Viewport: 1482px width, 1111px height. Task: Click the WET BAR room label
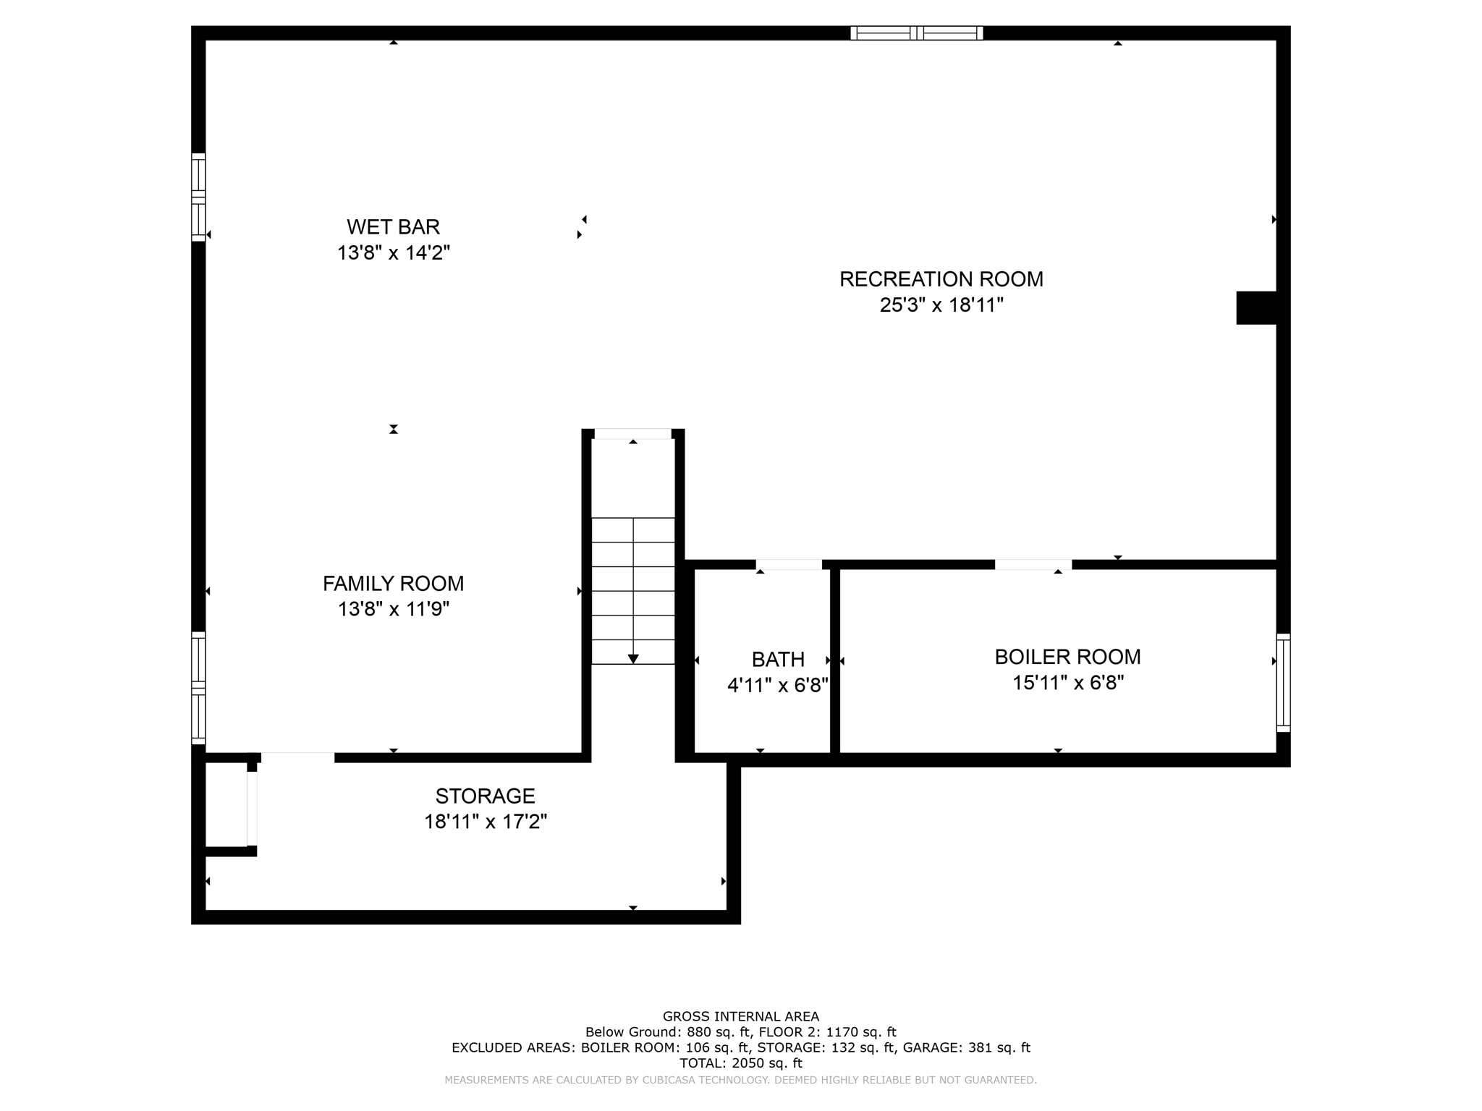[x=393, y=227]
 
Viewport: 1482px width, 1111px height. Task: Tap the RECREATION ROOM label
[x=941, y=279]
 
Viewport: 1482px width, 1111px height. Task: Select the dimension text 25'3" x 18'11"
[x=941, y=305]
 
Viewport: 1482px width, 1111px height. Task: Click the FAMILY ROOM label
[x=393, y=583]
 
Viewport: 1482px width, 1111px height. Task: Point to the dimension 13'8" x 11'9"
[x=393, y=609]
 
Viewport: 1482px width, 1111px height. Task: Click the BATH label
[x=778, y=659]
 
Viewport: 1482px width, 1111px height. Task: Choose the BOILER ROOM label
[x=1067, y=657]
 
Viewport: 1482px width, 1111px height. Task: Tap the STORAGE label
[x=485, y=796]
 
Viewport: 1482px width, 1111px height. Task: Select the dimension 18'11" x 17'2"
[x=485, y=822]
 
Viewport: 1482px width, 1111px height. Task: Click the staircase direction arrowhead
[x=633, y=658]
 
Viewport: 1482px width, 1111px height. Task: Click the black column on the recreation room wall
[x=1256, y=307]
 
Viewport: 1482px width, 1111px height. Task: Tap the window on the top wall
[x=916, y=33]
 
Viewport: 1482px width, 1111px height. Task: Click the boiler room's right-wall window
[x=1282, y=683]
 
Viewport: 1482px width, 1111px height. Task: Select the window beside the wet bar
[x=198, y=197]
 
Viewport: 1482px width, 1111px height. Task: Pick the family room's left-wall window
[x=198, y=687]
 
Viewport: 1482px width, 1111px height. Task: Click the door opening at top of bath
[x=789, y=564]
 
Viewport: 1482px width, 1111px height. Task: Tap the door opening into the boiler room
[x=1033, y=564]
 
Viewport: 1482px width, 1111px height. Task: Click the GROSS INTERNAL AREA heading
[x=740, y=1016]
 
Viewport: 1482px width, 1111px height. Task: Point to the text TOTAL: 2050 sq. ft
[x=740, y=1063]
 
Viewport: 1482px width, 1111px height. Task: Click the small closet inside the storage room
[x=226, y=803]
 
